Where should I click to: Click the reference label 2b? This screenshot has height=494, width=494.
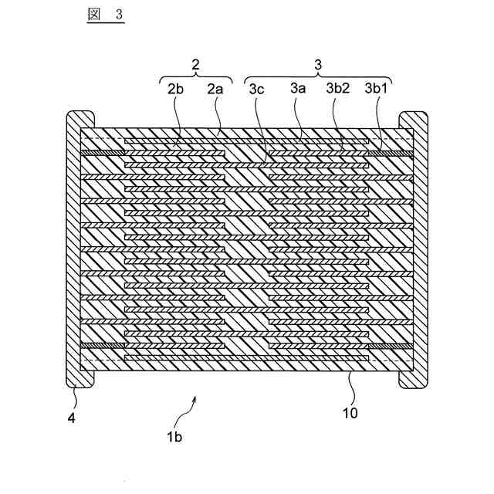174,90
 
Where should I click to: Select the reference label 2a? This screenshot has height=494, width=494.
215,90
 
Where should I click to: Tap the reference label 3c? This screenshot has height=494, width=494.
257,90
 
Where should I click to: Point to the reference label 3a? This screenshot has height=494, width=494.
298,90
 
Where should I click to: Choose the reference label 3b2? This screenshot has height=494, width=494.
338,90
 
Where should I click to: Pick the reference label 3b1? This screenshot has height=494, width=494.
377,90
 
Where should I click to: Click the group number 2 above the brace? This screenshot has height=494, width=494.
195,65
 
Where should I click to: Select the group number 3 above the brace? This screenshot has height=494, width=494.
317,65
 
